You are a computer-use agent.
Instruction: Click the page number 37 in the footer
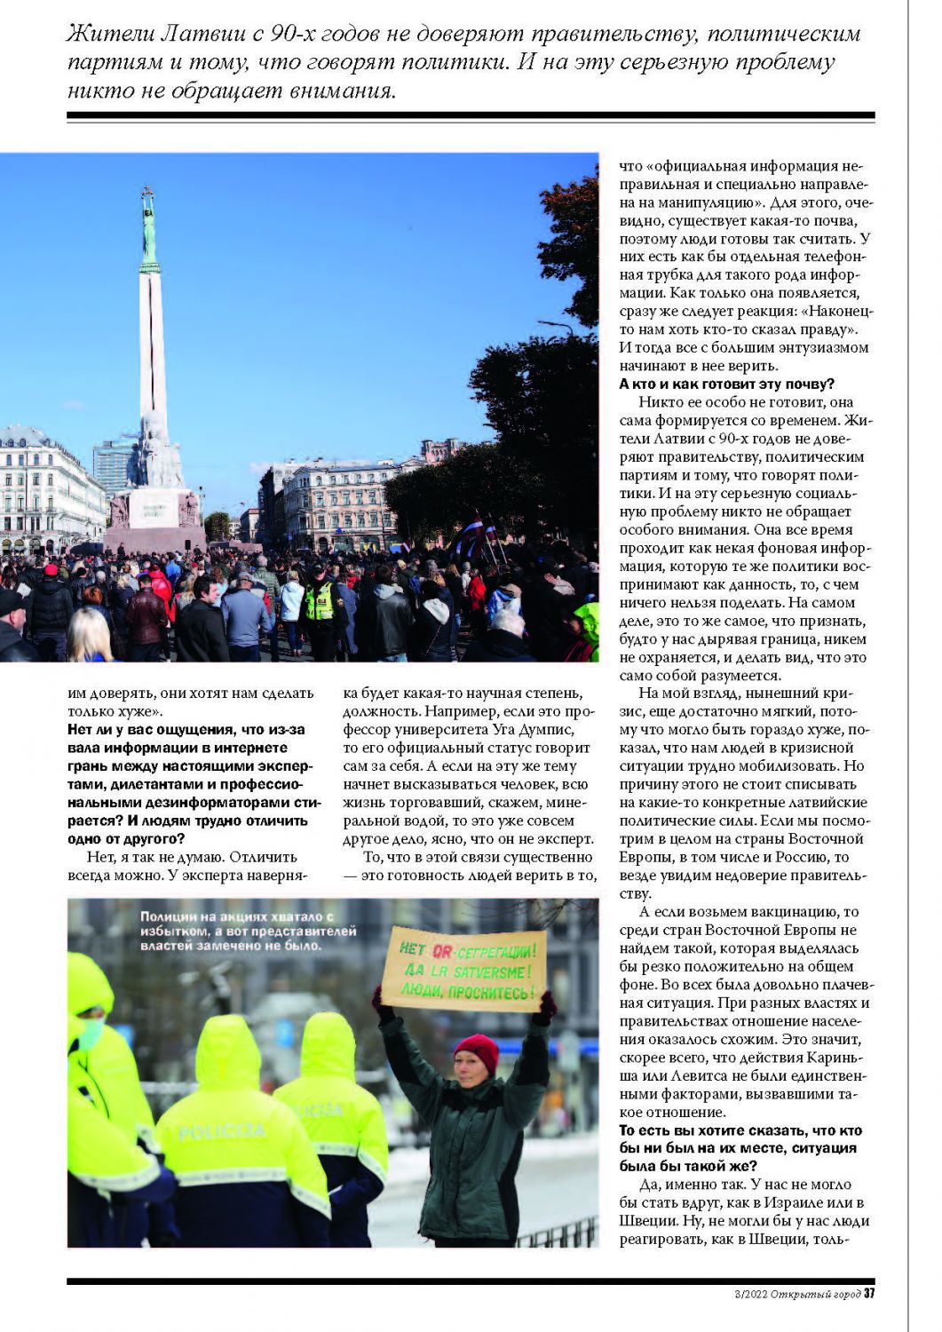(x=869, y=1293)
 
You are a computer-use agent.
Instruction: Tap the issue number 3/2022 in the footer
(x=747, y=1294)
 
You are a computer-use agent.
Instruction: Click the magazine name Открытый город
(x=815, y=1294)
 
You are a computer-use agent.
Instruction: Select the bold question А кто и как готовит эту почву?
(x=726, y=385)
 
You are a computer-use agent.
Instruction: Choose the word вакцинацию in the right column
(x=790, y=912)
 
